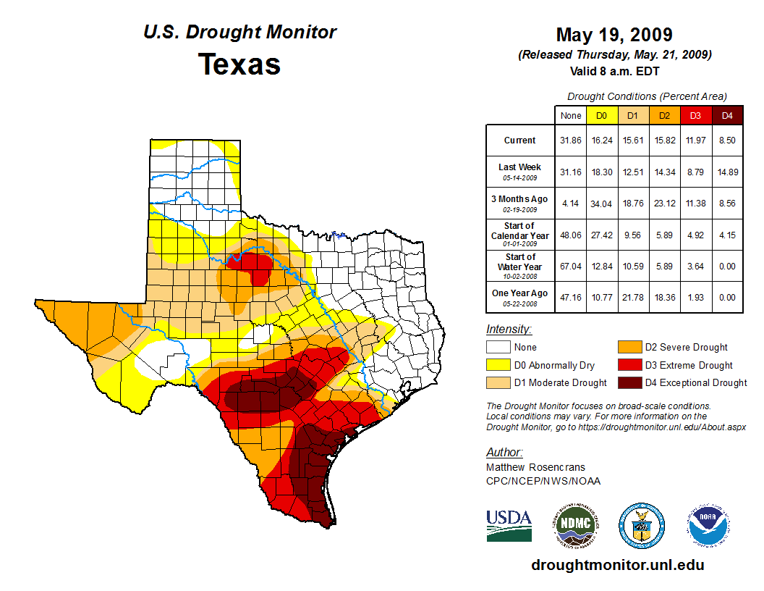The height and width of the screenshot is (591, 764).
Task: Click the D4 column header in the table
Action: pyautogui.click(x=728, y=116)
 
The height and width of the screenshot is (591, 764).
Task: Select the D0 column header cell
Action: pyautogui.click(x=601, y=116)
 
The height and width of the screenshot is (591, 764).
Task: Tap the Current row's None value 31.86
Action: pyautogui.click(x=571, y=141)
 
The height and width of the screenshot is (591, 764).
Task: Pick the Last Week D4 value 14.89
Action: pyautogui.click(x=728, y=172)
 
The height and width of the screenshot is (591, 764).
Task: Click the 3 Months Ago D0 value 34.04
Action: pyautogui.click(x=601, y=204)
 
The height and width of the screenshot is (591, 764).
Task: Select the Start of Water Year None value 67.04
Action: pyautogui.click(x=571, y=267)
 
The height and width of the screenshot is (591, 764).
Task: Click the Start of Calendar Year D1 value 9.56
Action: pyautogui.click(x=632, y=235)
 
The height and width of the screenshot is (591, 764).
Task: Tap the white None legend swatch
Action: pyautogui.click(x=498, y=348)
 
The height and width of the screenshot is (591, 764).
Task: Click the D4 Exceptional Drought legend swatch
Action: pyautogui.click(x=629, y=382)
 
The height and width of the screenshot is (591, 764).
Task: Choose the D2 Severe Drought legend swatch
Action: pyautogui.click(x=629, y=348)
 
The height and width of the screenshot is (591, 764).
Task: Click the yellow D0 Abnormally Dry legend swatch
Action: pyautogui.click(x=498, y=365)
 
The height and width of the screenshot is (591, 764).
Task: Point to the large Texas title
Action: pyautogui.click(x=239, y=64)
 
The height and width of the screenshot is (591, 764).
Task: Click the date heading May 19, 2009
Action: pyautogui.click(x=614, y=35)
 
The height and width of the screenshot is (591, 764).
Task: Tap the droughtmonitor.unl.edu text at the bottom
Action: pyautogui.click(x=617, y=565)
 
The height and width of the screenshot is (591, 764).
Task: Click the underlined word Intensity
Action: pyautogui.click(x=509, y=330)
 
